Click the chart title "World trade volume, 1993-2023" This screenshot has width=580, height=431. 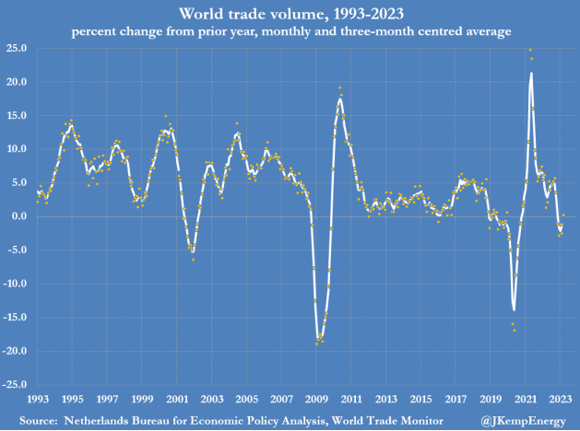290,14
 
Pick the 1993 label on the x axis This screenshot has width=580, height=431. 37,400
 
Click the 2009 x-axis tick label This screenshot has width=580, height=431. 316,400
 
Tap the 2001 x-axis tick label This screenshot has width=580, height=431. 176,400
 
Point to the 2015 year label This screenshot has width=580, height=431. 420,400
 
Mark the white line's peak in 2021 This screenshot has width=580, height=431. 531,73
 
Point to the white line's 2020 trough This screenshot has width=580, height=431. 514,309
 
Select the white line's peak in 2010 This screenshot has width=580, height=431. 340,99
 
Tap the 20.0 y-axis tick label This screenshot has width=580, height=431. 16,82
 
